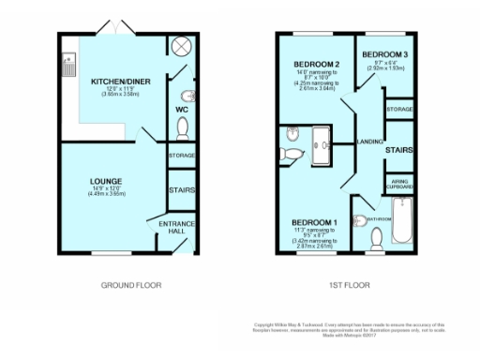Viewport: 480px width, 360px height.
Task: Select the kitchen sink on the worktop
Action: (69, 64)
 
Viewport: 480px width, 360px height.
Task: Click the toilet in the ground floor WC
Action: (183, 127)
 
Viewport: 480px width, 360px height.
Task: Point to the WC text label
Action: (182, 109)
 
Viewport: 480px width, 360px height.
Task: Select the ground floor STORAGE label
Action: (182, 155)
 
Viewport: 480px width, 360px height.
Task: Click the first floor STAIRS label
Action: (401, 148)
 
